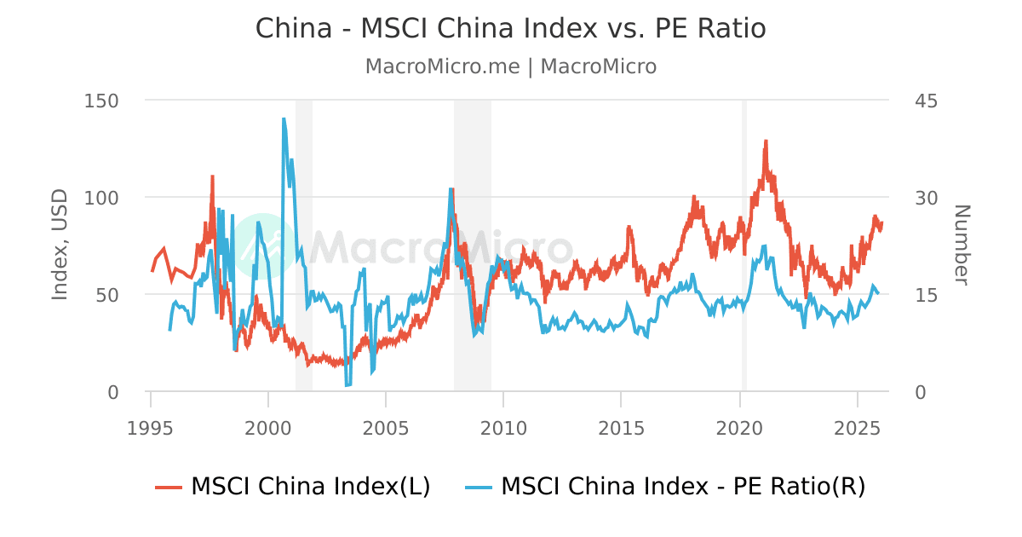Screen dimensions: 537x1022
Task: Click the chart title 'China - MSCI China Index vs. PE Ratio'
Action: click(x=511, y=28)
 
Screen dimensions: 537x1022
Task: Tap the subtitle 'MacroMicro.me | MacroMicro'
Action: click(x=511, y=66)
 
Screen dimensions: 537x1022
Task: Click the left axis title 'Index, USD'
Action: click(x=60, y=245)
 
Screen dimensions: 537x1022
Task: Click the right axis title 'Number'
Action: click(x=961, y=245)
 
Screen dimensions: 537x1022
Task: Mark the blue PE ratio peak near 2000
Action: click(x=284, y=119)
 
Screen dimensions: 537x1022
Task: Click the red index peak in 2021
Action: click(x=766, y=141)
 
